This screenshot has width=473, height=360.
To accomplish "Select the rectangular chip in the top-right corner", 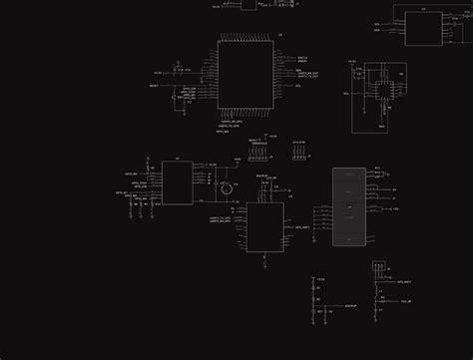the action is point(423,27).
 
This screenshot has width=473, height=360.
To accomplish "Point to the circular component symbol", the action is point(227,188).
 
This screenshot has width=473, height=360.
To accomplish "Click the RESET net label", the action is point(155,86).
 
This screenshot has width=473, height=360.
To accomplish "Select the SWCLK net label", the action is point(302,58).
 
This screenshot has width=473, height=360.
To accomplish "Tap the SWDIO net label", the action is point(302,62).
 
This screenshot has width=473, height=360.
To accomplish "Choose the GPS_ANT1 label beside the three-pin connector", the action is point(405,284).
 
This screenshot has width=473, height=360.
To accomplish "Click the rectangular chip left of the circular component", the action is point(177,182).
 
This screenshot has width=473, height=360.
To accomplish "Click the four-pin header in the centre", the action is point(298,156).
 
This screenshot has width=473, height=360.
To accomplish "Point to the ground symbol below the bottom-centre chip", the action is point(264,261).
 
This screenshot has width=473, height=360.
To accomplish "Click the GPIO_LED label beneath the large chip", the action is point(222,131).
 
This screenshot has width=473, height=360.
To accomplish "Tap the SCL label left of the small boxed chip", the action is point(346,92).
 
